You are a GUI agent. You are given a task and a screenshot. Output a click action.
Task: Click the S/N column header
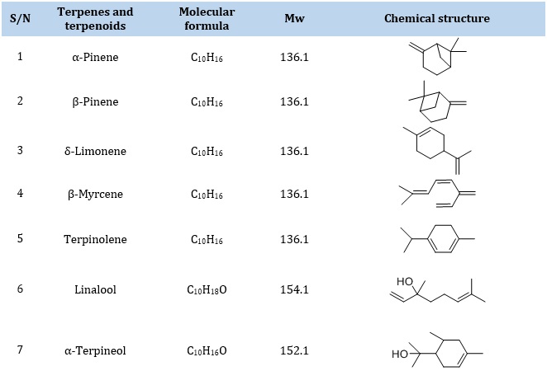tap(20, 18)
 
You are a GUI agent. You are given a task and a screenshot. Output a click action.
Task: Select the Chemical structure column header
tap(437, 18)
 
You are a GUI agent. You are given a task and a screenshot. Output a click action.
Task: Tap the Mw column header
tap(294, 18)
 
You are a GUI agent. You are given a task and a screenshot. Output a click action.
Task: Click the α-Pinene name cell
tap(95, 57)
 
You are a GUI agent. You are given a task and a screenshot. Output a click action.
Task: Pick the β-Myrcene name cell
tap(95, 194)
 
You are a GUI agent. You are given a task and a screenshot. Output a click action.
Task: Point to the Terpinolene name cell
tap(95, 239)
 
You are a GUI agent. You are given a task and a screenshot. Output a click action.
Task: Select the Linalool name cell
tap(95, 289)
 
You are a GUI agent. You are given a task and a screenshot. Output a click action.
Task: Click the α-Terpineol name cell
tap(95, 350)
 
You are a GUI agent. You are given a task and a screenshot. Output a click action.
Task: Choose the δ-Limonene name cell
tap(95, 151)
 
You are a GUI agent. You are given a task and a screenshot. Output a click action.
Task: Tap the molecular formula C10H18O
tap(207, 289)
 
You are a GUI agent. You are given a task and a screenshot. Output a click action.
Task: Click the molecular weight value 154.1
tap(294, 289)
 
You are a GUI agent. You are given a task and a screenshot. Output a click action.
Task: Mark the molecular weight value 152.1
tap(294, 350)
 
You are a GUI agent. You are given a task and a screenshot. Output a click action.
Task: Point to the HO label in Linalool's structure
tap(405, 281)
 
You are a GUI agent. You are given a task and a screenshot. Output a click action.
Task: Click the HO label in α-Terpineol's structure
tap(400, 354)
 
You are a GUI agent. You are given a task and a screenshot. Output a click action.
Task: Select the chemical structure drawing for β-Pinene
tap(437, 101)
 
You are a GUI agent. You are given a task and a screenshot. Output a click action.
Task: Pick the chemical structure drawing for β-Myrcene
tap(437, 194)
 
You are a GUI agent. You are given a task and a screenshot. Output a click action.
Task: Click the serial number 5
tap(20, 238)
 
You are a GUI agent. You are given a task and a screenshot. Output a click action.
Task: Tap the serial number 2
tap(20, 101)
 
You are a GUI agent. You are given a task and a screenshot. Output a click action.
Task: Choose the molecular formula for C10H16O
tap(207, 350)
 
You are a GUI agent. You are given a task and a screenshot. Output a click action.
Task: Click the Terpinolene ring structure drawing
tap(437, 239)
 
